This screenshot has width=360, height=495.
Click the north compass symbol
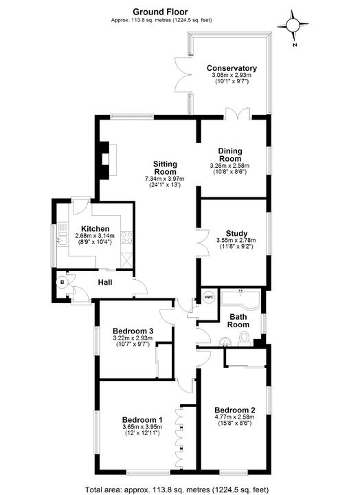pos(294,26)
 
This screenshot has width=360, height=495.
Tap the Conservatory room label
pos(232,68)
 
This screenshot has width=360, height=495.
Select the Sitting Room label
pos(165,168)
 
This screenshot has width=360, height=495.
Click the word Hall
pos(105,282)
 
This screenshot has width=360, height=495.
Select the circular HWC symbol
pos(209,297)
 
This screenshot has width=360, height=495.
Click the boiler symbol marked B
pos(62,282)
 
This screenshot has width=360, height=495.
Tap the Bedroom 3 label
pos(132,331)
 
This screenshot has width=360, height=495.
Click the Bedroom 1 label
pos(142,420)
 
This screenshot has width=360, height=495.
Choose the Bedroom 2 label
pos(234,406)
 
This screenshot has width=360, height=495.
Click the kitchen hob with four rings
pos(126,237)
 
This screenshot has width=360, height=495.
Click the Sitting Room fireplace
pos(104,159)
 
